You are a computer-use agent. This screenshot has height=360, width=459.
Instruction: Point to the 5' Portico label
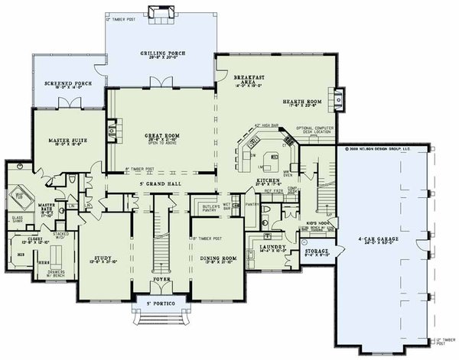(162, 306)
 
